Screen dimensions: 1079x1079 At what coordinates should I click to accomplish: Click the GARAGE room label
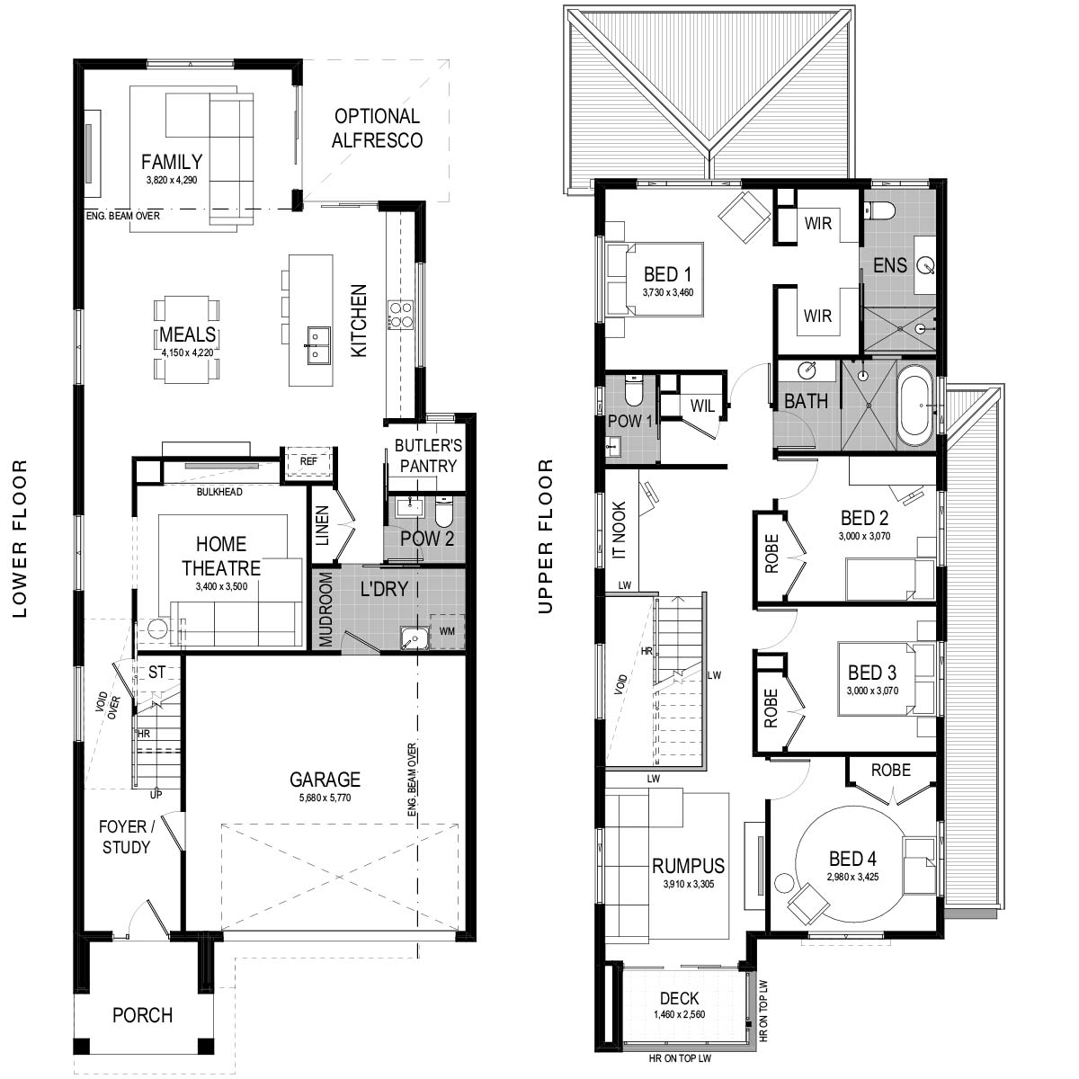coord(325,779)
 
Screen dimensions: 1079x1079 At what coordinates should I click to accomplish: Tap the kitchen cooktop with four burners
coord(400,316)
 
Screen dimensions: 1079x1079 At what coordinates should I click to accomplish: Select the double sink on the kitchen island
coord(318,345)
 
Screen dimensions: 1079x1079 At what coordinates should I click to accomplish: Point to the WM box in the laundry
coord(447,631)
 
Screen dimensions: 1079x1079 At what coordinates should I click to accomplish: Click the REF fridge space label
coord(308,461)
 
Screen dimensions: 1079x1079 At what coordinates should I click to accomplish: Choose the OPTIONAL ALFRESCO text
coord(377,129)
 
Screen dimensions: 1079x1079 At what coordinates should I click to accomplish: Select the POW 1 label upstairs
coord(630,421)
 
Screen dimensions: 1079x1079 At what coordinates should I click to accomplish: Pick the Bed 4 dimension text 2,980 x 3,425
coord(852,877)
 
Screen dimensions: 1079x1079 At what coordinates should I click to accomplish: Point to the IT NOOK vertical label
coord(620,530)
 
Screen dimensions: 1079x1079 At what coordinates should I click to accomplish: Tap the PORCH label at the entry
coord(142,1015)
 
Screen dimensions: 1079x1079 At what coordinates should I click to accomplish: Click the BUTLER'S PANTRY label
coord(428,455)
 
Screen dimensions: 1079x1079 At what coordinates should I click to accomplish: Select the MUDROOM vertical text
coord(325,610)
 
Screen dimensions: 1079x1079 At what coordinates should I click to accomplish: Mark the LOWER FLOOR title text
coord(20,539)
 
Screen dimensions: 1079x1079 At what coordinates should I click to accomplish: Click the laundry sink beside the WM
coord(415,638)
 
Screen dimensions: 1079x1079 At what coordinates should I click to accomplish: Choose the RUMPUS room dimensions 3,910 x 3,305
coord(688,884)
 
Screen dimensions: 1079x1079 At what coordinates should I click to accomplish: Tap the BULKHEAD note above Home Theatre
coord(219,492)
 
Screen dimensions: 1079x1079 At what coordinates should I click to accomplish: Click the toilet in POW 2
coord(443,513)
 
